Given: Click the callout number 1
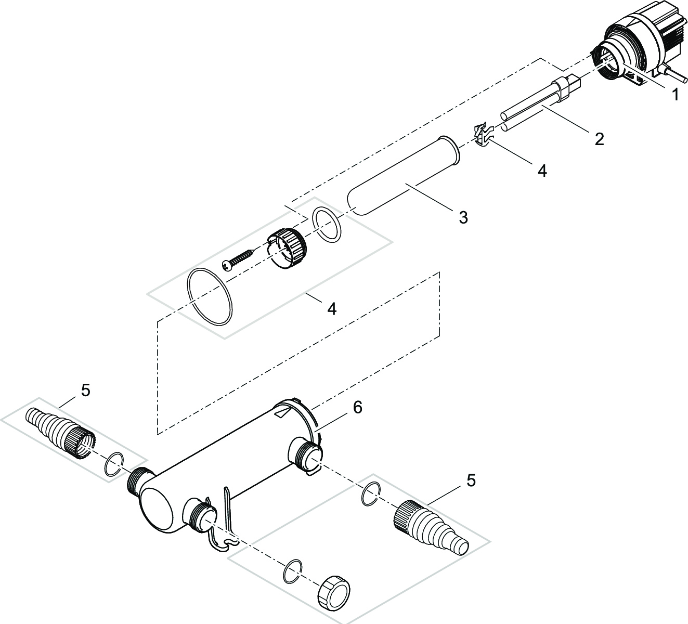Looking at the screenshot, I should point(674,95).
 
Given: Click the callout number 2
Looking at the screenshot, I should point(600,139).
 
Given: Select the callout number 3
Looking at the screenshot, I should point(463,217).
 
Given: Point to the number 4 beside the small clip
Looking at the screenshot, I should point(542,171).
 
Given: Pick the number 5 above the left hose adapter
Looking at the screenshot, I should point(85,390).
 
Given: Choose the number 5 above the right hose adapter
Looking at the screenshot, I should point(470,480).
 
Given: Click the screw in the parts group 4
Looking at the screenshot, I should point(238,259).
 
